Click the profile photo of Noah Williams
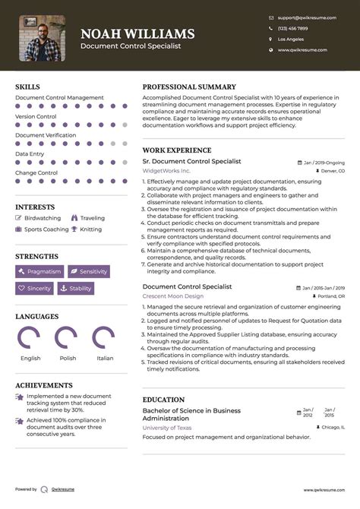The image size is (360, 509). click(42, 38)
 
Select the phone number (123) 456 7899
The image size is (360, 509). click(292, 28)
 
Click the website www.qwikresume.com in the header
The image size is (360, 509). click(302, 50)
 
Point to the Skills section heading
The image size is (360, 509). click(27, 87)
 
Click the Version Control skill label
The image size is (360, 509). click(36, 116)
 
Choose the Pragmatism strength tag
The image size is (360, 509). click(39, 271)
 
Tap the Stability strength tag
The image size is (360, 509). click(76, 289)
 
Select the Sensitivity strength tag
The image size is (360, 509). click(89, 271)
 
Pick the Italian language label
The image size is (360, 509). click(105, 358)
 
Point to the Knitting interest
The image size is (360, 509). click(90, 229)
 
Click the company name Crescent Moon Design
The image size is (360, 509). click(173, 296)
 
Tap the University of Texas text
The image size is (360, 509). click(167, 428)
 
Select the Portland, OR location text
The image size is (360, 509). click(330, 296)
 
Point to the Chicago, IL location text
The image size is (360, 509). click(332, 428)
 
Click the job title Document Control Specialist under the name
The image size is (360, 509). click(131, 46)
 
